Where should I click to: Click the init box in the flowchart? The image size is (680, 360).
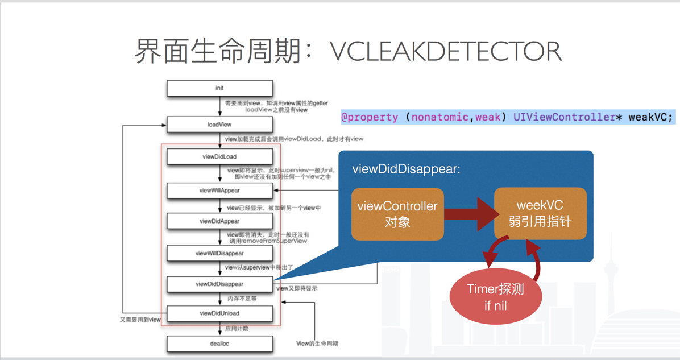tap(219, 88)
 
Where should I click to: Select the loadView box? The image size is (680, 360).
tap(219, 125)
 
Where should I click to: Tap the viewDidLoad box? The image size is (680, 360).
tap(219, 156)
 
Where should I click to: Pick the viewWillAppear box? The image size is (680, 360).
tap(219, 191)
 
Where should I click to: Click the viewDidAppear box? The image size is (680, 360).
tap(219, 221)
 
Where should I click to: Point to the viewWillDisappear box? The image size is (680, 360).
tap(219, 253)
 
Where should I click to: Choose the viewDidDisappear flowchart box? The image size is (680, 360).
tap(219, 284)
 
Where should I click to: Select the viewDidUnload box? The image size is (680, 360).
tap(219, 313)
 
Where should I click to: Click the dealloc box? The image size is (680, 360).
tap(219, 344)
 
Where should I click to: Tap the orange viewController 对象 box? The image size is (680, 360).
tap(397, 214)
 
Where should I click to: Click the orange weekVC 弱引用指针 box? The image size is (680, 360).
tap(540, 213)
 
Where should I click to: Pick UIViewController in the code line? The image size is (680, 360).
tap(563, 117)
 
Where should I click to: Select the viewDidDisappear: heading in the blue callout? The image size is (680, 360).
tap(406, 169)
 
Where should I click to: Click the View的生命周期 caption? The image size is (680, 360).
tap(317, 344)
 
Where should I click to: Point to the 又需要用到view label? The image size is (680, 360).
tap(140, 320)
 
